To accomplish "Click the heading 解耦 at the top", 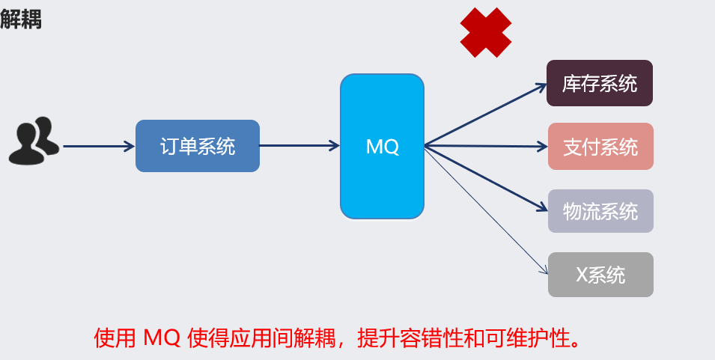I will pos(21,19).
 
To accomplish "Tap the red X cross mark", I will pos(486,32).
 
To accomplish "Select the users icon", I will pos(34,141).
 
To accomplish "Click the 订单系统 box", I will pos(198,146).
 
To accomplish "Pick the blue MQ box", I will pos(383,147).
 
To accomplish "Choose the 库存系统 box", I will pos(600,83).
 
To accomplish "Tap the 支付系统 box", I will pos(600,147).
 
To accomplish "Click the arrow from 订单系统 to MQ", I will pos(299,146).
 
